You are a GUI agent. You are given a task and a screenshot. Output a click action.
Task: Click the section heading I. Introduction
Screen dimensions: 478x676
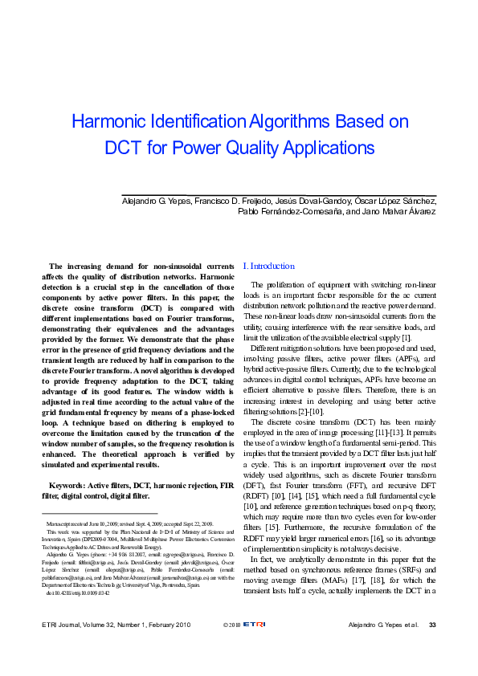point(268,266)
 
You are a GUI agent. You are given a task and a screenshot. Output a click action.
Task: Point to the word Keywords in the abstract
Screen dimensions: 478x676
point(68,486)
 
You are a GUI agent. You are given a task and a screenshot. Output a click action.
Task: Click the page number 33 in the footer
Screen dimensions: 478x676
point(432,647)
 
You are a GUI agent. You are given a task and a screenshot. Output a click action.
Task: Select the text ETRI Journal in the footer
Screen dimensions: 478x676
point(64,647)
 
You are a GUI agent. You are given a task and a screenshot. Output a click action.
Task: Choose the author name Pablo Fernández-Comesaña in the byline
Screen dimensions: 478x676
point(290,212)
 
